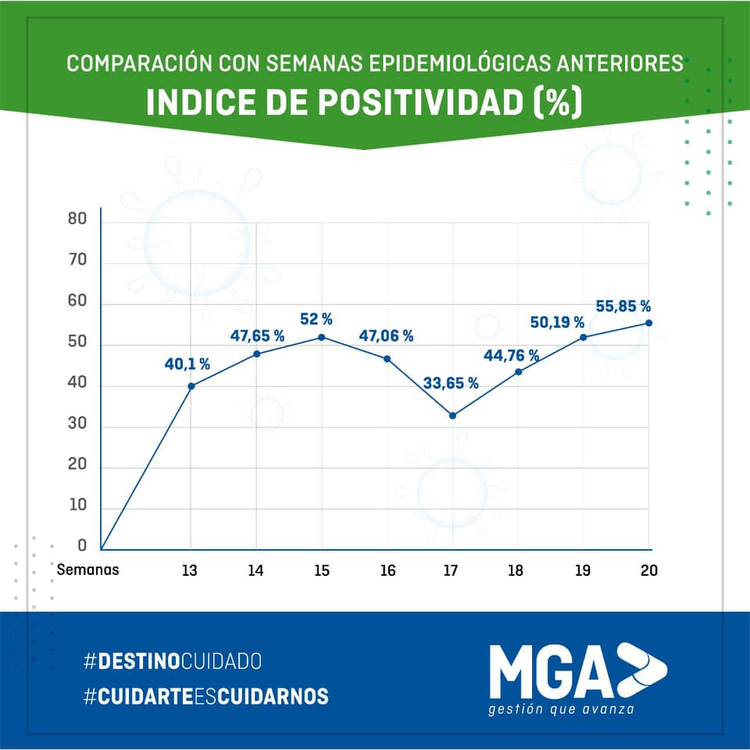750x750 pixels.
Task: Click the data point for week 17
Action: click(x=452, y=416)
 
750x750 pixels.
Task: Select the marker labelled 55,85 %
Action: click(x=648, y=323)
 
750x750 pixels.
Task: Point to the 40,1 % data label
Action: click(x=187, y=363)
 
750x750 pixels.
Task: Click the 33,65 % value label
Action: click(x=451, y=383)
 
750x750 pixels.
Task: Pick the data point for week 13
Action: click(x=191, y=386)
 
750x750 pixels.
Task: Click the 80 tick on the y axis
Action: click(x=77, y=220)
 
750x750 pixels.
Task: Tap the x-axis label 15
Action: click(x=321, y=570)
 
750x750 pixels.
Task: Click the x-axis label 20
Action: click(x=648, y=570)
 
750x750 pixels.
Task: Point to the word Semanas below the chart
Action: click(x=87, y=570)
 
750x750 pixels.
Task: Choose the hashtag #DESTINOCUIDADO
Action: click(x=172, y=662)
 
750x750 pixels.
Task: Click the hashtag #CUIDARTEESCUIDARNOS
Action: click(x=205, y=696)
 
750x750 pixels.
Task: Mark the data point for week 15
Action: click(x=322, y=337)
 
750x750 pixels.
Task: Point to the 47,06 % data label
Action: click(x=386, y=337)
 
